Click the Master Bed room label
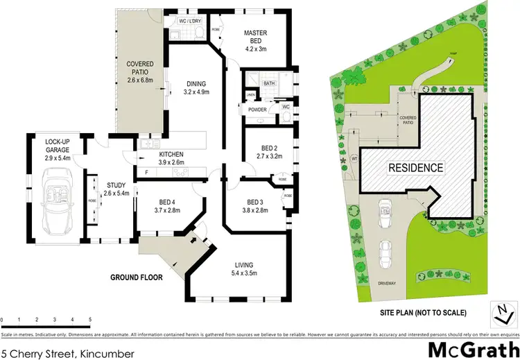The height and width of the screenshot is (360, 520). click(x=254, y=38)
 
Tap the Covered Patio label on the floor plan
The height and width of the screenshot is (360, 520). click(x=139, y=71)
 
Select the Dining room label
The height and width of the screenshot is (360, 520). click(x=197, y=87)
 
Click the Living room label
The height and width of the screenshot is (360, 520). click(x=243, y=268)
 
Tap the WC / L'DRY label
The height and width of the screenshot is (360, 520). click(x=190, y=21)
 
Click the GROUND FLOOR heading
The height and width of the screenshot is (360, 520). click(x=137, y=277)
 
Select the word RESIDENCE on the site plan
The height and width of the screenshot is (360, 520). click(x=415, y=168)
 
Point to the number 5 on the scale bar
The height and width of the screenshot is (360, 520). click(x=90, y=319)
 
